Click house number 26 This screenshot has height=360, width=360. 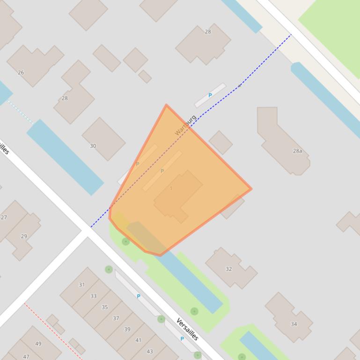pos(21,72)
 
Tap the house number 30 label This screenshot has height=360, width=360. pos(93,146)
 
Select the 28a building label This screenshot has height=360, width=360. pos(297,151)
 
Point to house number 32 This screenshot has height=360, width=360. pos(228,269)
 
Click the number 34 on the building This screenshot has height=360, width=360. pos(294,324)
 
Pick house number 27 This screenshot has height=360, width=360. pos(4,217)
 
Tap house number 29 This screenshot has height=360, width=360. pos(24,236)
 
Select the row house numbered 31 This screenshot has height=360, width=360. pos(82,285)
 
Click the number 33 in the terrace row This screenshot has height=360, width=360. pos(93,296)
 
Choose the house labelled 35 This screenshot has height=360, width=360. pos(104,307)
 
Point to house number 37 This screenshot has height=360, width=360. pos(116,318)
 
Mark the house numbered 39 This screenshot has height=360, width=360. pos(127,329)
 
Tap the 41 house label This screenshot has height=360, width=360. pos(138,340)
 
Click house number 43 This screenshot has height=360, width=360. pos(149,352)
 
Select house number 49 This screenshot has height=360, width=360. pos(38,344)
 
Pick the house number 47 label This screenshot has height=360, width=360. pos(26,357)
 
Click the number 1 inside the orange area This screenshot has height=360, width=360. pos(171,188)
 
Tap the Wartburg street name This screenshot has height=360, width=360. pos(185,125)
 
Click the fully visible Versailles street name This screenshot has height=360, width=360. pos(187,329)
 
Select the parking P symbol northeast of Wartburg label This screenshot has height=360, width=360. pos(210,95)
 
